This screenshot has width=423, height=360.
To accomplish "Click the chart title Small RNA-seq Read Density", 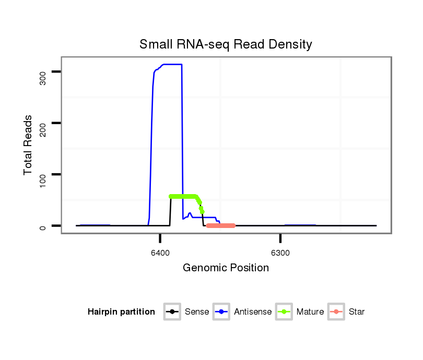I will (226, 44).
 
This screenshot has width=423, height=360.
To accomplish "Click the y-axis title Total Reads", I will (28, 145).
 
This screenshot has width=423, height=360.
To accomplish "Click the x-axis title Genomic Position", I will (226, 268).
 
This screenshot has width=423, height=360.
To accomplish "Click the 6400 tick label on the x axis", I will (160, 253).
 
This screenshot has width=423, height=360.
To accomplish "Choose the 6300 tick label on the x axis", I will (280, 253).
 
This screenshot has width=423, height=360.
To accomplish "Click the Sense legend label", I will (197, 312).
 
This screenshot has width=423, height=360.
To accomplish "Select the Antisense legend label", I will (253, 312).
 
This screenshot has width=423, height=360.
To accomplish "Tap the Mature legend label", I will (310, 312).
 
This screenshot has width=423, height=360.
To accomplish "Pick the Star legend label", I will (357, 312).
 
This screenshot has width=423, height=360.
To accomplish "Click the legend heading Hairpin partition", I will (121, 312).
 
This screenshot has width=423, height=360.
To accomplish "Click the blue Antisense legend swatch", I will (221, 312).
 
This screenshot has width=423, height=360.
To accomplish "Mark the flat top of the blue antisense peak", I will (172, 64).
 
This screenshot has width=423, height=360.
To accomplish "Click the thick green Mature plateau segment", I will (183, 196).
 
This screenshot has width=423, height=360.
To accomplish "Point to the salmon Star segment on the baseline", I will (221, 225).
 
